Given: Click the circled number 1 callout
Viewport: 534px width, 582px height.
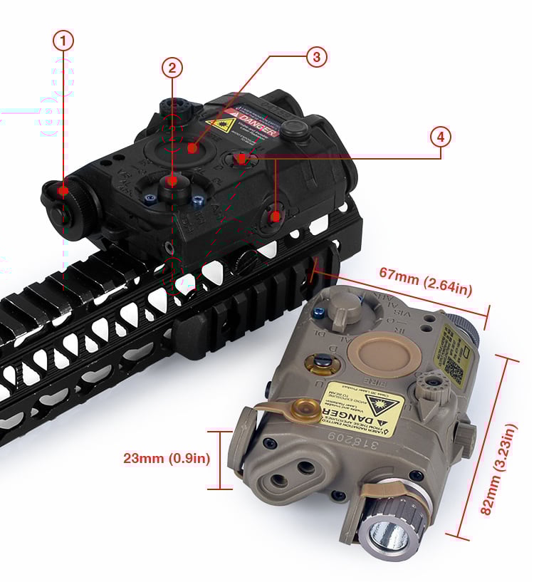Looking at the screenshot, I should tap(63, 41).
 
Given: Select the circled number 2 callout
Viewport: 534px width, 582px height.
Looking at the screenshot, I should tap(172, 68).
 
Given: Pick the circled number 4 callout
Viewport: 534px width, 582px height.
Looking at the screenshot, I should tap(441, 136).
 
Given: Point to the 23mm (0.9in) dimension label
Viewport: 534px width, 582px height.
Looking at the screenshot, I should tap(167, 458).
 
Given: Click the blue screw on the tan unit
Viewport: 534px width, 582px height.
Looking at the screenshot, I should tap(321, 310).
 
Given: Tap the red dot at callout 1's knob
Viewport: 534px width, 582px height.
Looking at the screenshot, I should tap(64, 190).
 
